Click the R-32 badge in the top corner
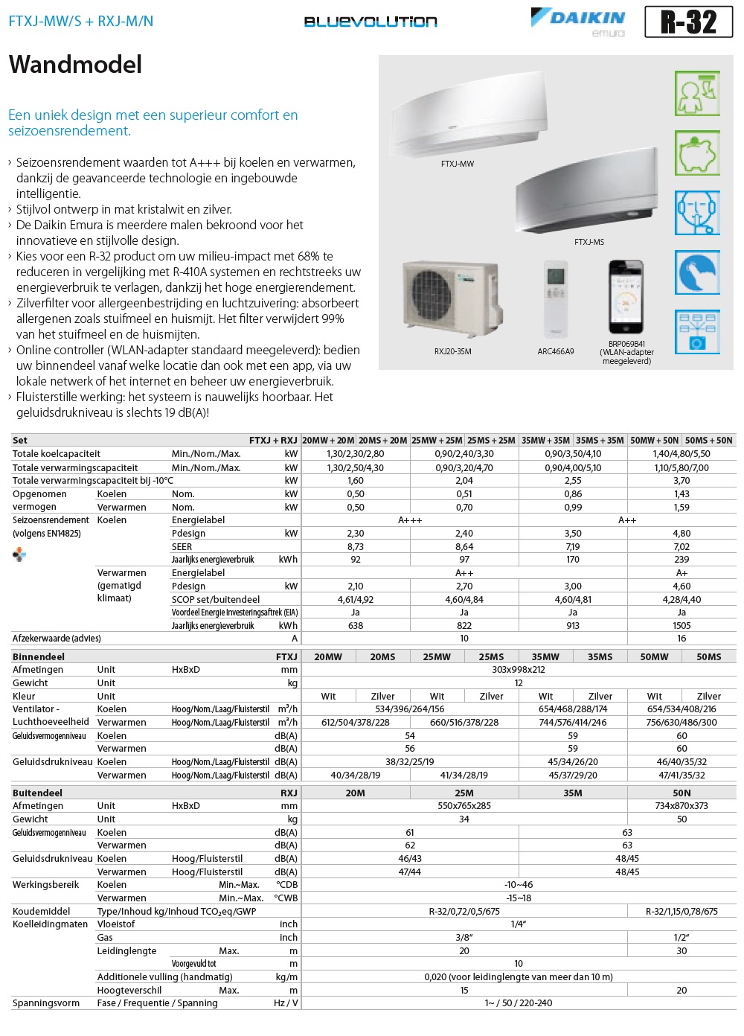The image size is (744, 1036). pos(688,22)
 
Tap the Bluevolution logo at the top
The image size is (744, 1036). pos(371,22)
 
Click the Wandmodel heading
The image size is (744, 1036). pos(75,65)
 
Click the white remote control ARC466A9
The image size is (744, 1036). pos(556,298)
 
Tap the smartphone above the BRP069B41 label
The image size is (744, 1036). pos(626,297)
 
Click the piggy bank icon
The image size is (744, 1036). pos(697,153)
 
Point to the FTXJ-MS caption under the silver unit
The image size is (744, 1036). pos(589,242)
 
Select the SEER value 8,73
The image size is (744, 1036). pos(356,546)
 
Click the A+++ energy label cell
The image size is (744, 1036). pos(410,520)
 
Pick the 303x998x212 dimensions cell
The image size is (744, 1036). pos(519,670)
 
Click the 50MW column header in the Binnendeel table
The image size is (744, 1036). pos(654,656)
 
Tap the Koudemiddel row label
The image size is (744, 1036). pos(42,911)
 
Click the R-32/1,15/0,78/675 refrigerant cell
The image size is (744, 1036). pos(682,911)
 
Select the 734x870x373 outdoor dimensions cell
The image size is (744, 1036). pos(682,806)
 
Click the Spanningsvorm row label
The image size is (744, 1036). pos(46,1003)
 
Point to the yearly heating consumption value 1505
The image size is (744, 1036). pos(682,626)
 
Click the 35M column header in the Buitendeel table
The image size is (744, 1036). pos(573,793)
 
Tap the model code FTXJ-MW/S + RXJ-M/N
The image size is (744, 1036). pos(81,21)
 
